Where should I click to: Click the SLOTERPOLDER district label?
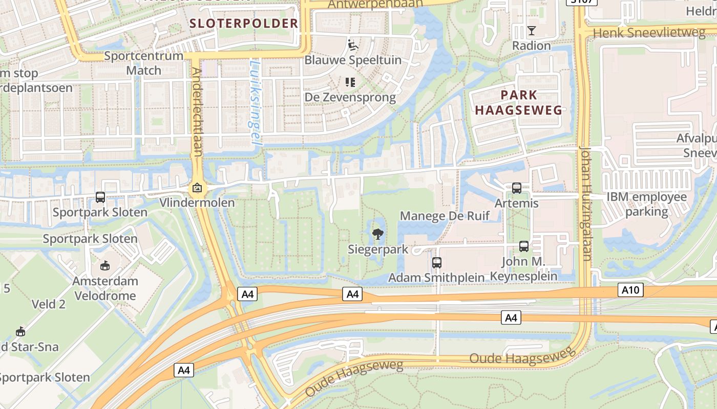(x=243, y=23)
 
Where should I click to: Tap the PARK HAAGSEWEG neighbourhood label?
(x=519, y=102)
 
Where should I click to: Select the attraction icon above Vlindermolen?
(x=197, y=188)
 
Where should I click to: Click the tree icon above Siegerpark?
(x=377, y=235)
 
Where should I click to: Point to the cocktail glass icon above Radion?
(x=531, y=31)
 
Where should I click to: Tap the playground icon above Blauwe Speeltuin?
(x=352, y=45)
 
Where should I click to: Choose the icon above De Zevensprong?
(x=350, y=82)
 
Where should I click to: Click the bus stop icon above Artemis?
(x=516, y=188)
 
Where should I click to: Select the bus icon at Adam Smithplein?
(x=436, y=263)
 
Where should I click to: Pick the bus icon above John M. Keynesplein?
(x=523, y=246)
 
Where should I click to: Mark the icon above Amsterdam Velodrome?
(x=105, y=265)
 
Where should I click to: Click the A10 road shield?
(x=630, y=290)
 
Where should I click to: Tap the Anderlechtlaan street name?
(x=197, y=112)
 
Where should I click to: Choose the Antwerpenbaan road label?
(x=375, y=4)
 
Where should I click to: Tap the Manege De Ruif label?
(x=445, y=216)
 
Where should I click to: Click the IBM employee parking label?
(x=646, y=204)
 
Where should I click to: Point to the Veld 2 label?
(x=49, y=305)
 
